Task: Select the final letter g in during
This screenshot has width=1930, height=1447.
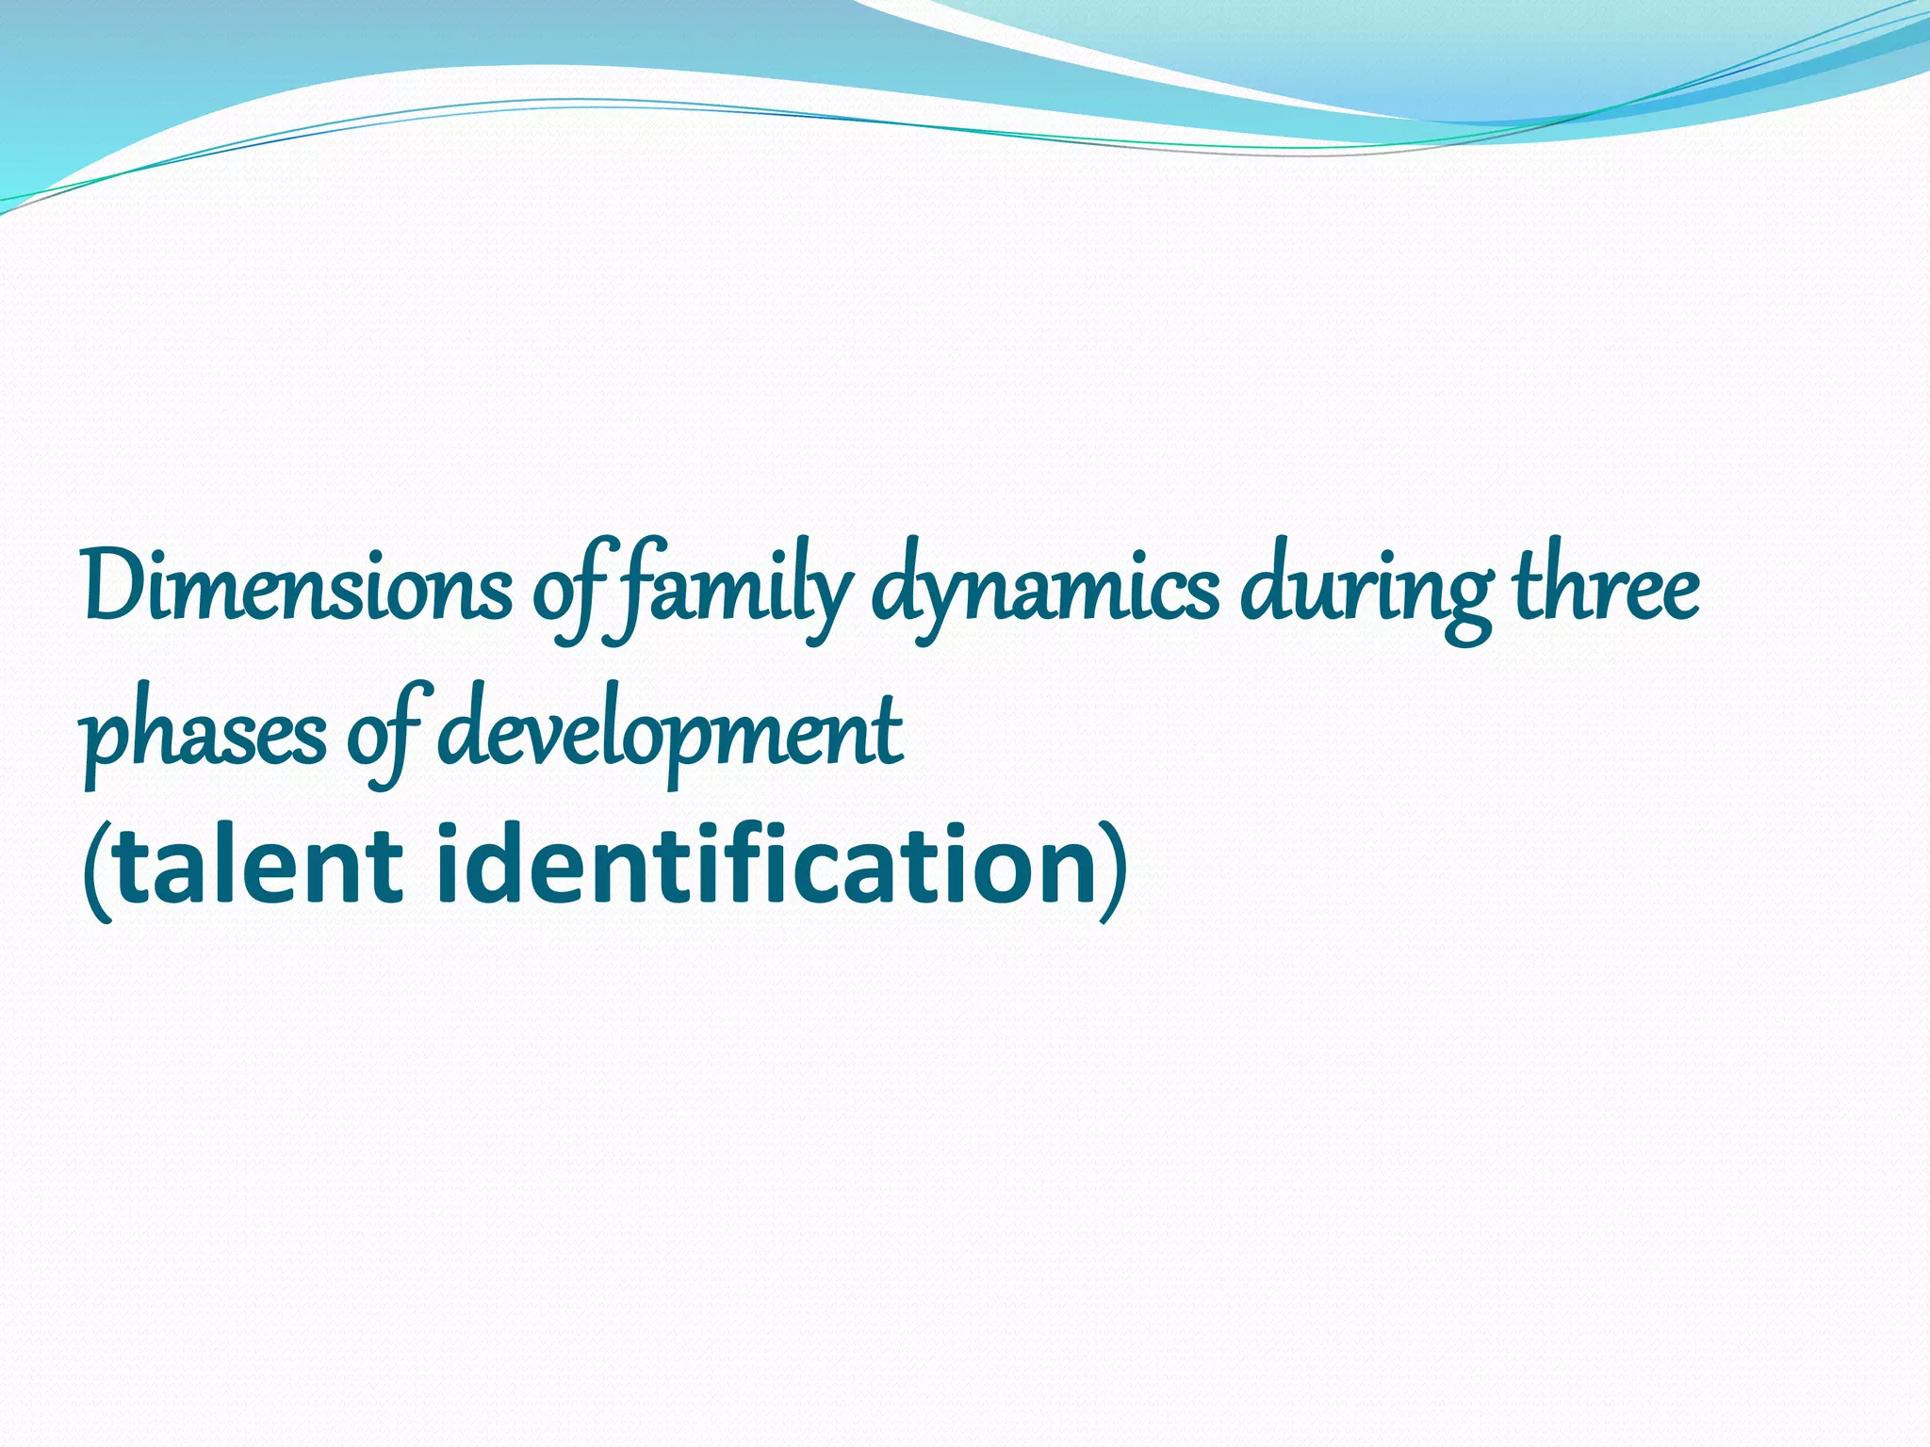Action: (1464, 603)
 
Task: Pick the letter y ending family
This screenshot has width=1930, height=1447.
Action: (829, 603)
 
